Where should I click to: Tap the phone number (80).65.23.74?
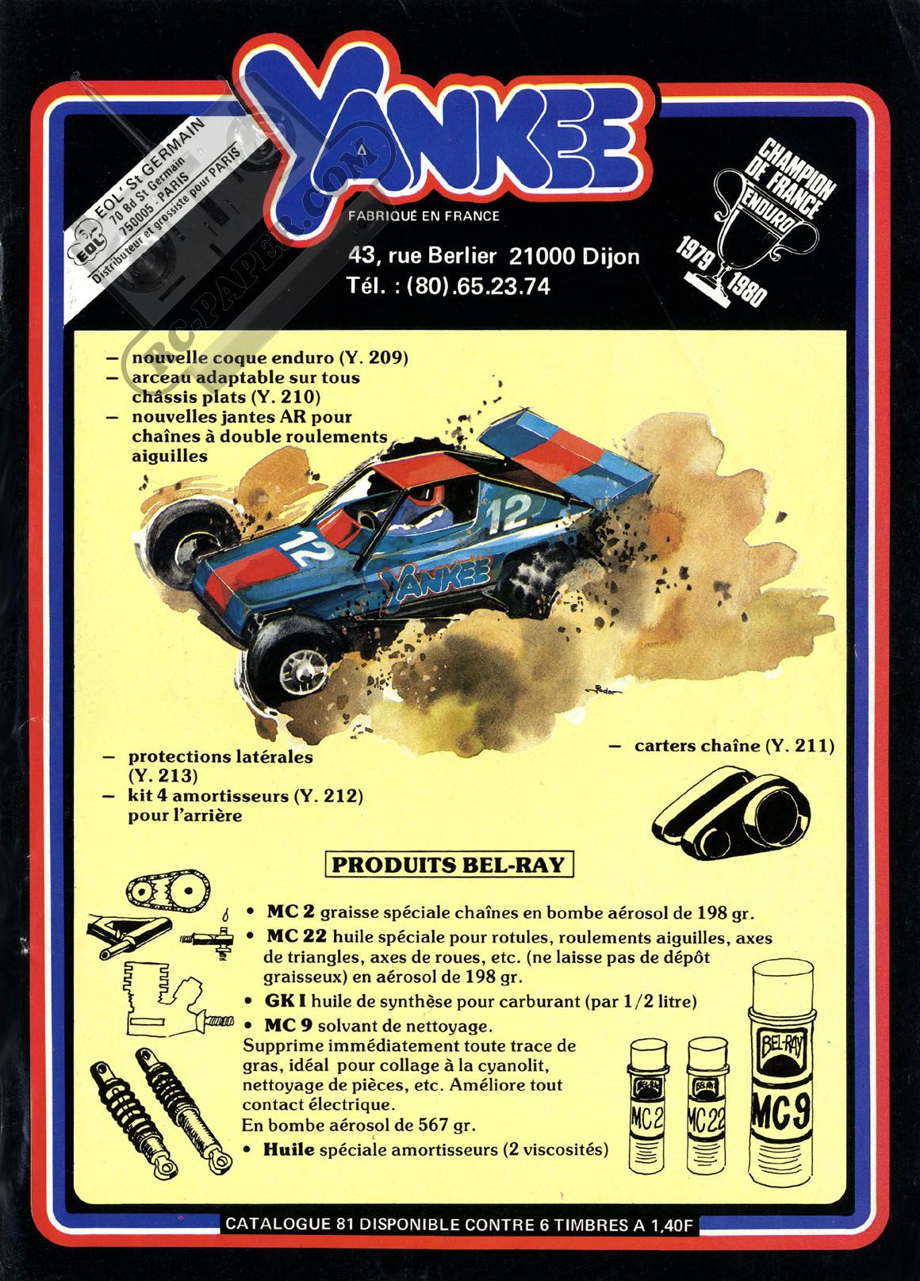(477, 285)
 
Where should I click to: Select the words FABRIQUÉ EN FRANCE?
(424, 216)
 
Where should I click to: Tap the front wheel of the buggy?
(293, 654)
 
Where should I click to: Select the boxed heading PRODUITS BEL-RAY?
(449, 864)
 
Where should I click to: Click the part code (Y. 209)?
(374, 358)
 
